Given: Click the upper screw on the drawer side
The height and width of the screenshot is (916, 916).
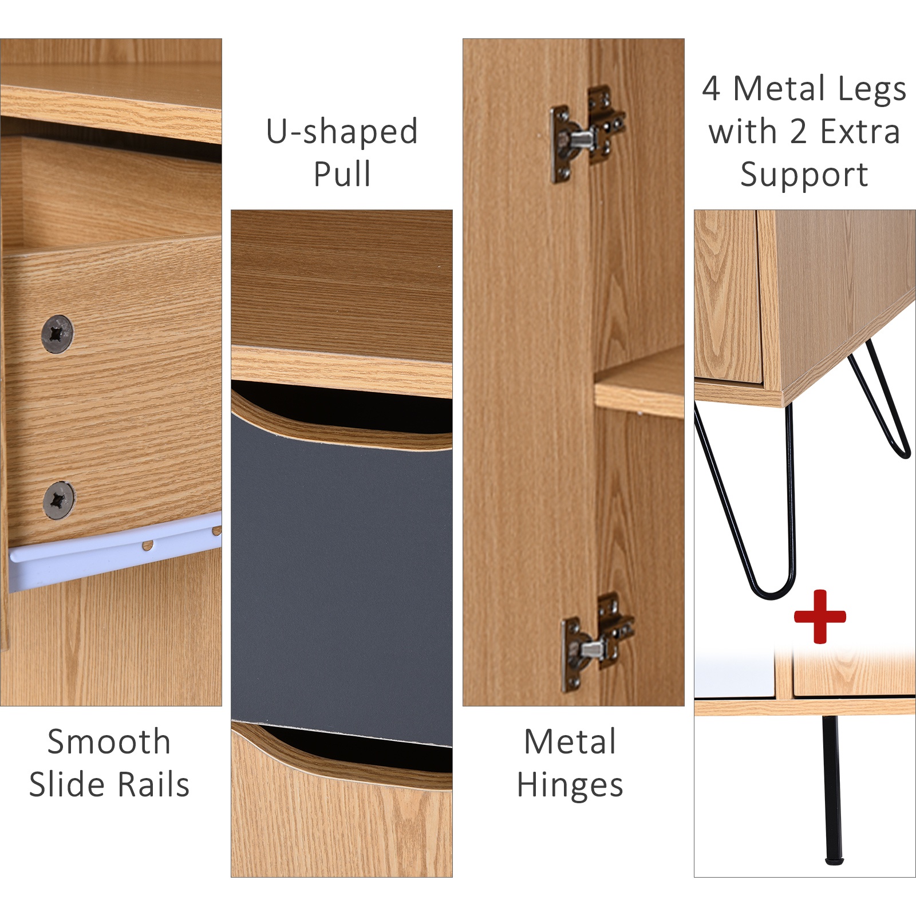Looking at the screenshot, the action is [x=57, y=333].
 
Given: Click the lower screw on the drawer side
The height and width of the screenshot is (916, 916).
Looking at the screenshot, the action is [x=58, y=500].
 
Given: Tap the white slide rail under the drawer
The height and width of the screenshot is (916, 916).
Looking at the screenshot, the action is [x=114, y=551].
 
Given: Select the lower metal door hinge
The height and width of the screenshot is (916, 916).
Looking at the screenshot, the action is [x=597, y=642].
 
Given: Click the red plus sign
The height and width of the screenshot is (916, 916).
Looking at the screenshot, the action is [x=820, y=617].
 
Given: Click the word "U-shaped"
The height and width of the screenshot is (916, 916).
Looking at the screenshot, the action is [x=342, y=132].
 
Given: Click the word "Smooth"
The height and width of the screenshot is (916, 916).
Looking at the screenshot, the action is [x=109, y=742].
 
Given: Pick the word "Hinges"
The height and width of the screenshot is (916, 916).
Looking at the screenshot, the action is [x=570, y=785].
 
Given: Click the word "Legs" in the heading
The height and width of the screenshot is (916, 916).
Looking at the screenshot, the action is [x=870, y=90].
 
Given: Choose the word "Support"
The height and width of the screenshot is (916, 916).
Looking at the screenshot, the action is [x=804, y=175].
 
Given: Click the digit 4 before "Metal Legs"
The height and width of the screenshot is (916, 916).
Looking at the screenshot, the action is [x=711, y=89].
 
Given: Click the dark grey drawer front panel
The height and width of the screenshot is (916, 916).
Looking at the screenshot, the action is [x=342, y=578].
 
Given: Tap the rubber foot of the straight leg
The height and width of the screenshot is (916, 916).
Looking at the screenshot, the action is [x=834, y=860].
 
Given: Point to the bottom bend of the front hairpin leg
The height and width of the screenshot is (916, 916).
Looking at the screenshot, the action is [x=773, y=593].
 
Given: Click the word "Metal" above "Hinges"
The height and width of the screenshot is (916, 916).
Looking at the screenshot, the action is [x=570, y=742].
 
